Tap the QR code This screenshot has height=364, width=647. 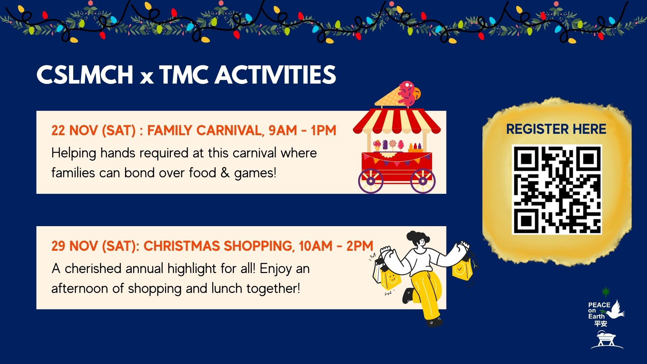557,189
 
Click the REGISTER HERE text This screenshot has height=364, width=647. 556,129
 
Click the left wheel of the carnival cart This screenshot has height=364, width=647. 371,181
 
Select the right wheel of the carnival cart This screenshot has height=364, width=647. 423,181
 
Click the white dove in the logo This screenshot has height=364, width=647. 616,310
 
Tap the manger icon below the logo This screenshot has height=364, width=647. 607,340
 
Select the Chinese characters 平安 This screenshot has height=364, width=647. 600,324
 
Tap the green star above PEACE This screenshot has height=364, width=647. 606,292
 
